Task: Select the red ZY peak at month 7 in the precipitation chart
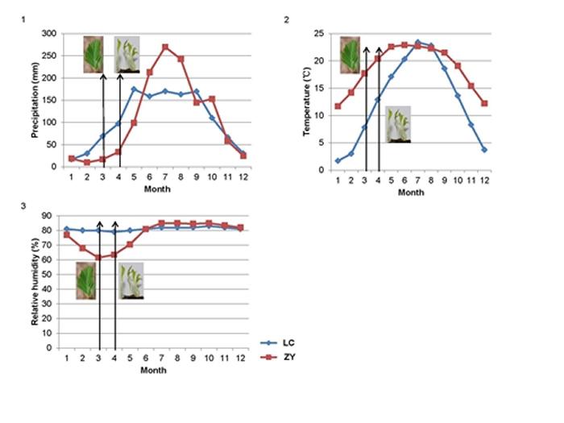pos(166,47)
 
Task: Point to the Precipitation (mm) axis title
pos(35,101)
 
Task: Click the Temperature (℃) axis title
pos(306,101)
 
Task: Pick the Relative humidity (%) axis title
pos(35,280)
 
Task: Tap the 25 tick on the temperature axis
pos(321,34)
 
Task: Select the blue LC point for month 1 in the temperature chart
pos(336,161)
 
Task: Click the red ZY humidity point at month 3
pos(98,258)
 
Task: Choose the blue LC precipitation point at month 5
pos(134,89)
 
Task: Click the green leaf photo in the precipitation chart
pos(93,54)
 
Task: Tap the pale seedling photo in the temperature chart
pos(397,124)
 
